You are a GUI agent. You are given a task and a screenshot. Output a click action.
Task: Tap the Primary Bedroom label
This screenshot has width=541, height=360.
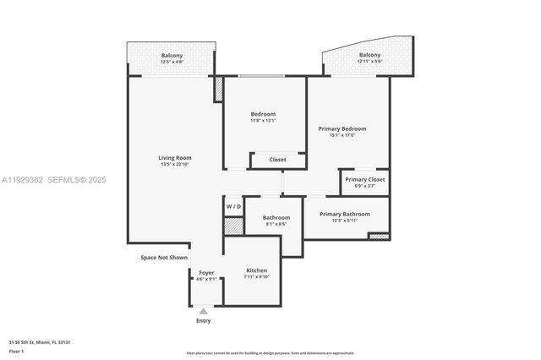tap(342, 128)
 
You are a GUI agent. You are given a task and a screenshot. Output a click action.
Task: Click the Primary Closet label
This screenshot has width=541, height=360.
tap(364, 179)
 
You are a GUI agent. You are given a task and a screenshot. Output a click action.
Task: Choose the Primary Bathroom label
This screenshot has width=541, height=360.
tap(344, 214)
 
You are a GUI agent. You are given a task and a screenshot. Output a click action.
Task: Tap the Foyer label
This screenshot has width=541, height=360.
tap(206, 272)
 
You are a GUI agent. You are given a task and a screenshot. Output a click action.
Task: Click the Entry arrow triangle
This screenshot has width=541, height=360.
tap(203, 311)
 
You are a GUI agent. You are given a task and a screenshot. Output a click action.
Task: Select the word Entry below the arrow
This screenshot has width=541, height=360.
tap(203, 321)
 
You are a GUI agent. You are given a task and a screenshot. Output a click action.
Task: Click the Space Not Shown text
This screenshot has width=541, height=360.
tap(164, 257)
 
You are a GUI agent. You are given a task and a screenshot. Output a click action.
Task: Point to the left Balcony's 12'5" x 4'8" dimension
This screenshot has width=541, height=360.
tap(172, 62)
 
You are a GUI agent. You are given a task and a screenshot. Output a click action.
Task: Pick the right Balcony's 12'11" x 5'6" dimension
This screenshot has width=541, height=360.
tap(369, 62)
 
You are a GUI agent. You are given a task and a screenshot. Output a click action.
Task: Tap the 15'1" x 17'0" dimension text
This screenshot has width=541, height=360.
tap(342, 135)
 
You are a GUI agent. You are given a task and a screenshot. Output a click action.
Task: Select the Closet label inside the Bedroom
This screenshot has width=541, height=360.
tap(277, 160)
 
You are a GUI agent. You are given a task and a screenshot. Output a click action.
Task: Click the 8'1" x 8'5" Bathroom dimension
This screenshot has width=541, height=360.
tap(276, 224)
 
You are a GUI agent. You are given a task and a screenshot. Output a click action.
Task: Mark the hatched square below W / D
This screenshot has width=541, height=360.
tap(233, 226)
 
